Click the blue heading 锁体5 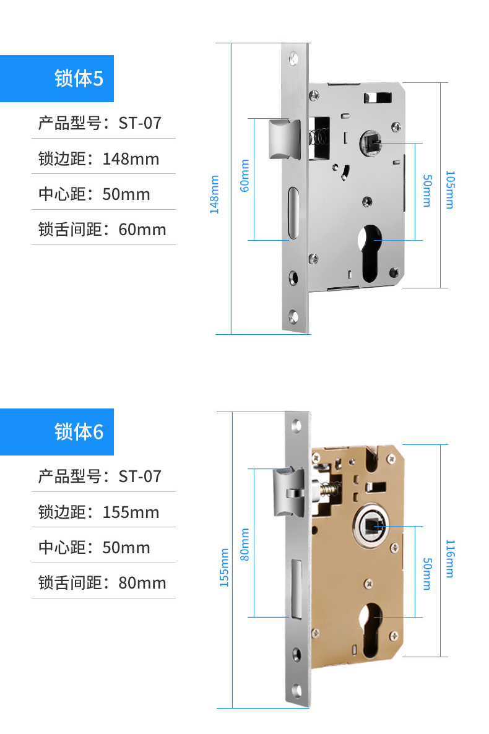(x=79, y=79)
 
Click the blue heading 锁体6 (x=79, y=432)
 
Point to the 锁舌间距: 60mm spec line (x=102, y=230)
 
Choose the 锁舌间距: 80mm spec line (x=102, y=583)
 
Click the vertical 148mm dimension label (x=215, y=195)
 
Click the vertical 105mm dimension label (x=449, y=189)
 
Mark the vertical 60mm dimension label (x=244, y=176)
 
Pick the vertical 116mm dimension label (x=449, y=558)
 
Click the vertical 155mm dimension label (x=224, y=568)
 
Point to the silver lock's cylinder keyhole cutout (x=370, y=254)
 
